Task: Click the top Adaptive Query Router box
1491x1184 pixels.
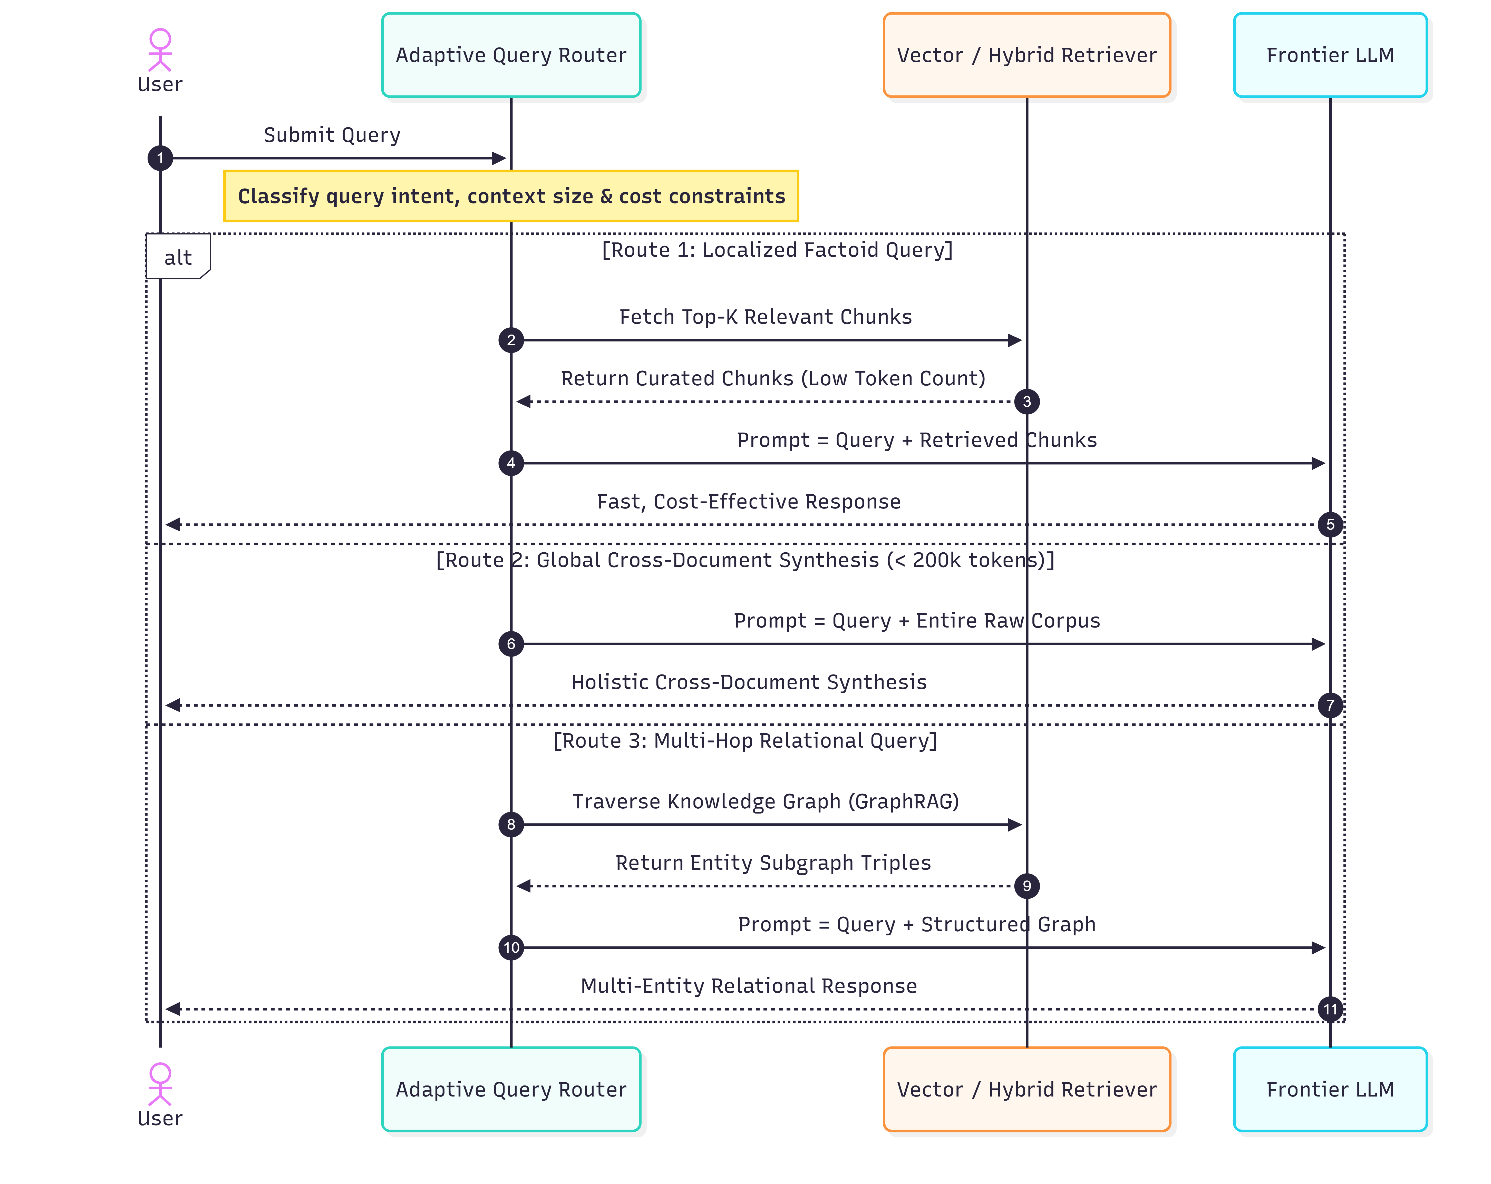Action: click(511, 55)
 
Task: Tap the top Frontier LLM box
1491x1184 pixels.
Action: click(1330, 55)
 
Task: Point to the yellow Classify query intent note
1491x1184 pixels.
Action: click(511, 196)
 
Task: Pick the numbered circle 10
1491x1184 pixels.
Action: click(511, 948)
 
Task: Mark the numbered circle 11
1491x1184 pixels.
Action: click(1330, 1009)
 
